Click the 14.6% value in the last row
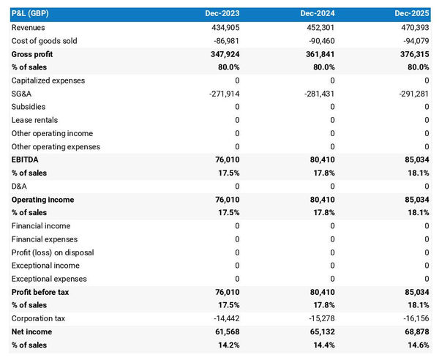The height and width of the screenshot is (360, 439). coord(417,345)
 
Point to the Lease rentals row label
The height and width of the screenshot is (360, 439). coord(34,120)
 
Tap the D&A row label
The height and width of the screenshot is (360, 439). coord(20,186)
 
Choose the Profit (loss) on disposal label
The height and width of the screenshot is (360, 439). coord(53,252)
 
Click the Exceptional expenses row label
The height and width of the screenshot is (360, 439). coord(49,279)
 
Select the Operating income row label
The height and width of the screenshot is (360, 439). coord(42,199)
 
